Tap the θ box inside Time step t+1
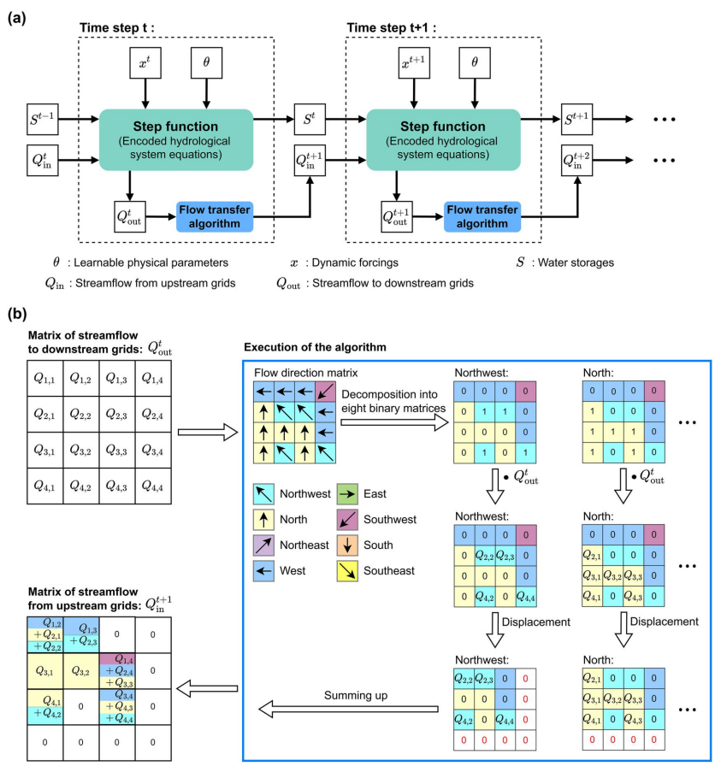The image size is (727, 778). [475, 63]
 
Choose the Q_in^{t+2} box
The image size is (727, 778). [577, 159]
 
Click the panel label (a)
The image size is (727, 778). [20, 17]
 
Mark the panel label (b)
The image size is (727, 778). [20, 315]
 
